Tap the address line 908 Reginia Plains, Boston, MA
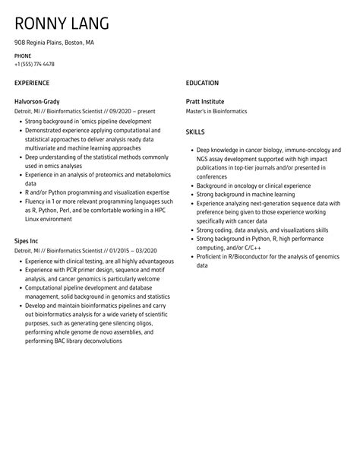[x=55, y=43]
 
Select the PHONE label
[x=24, y=56]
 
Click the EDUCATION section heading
[x=202, y=82]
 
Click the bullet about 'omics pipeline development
[x=88, y=121]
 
